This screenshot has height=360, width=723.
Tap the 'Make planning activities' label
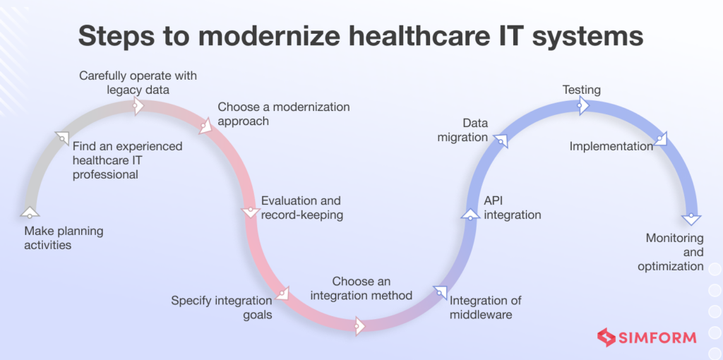tap(64, 239)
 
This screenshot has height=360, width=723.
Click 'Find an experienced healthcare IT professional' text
tap(128, 160)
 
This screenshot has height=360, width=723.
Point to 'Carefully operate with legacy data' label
tap(138, 82)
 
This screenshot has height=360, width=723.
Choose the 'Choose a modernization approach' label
tap(283, 114)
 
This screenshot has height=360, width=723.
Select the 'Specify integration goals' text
tap(222, 308)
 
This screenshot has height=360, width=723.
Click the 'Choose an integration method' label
tap(361, 289)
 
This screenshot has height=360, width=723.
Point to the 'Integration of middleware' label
tap(486, 307)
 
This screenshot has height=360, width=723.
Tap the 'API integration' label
tap(512, 208)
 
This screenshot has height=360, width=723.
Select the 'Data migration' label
tap(463, 131)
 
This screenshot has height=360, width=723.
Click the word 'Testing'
tap(581, 90)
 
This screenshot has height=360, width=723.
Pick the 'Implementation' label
tap(611, 146)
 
